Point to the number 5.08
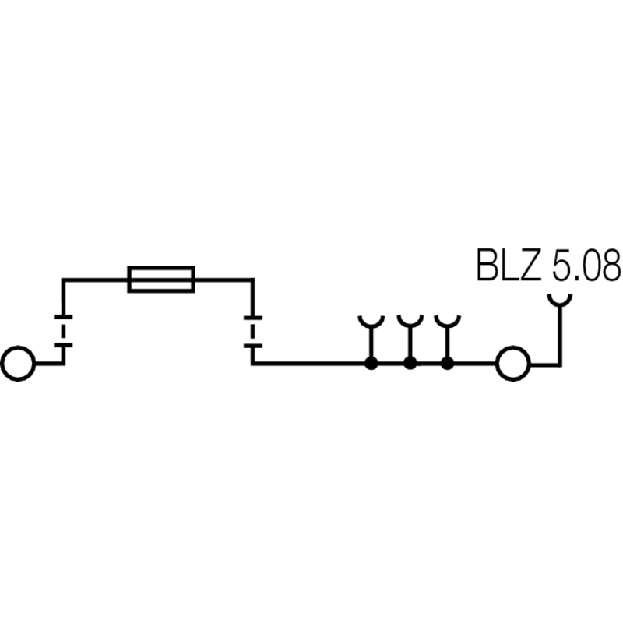point(586,266)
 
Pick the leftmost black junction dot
point(371,363)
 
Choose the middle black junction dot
point(410,363)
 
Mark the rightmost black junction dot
point(447,363)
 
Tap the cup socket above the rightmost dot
point(447,322)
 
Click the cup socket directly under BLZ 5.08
point(559,299)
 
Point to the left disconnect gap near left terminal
point(62,331)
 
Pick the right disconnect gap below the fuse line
point(252,331)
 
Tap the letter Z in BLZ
point(530,266)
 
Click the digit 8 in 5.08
point(610,266)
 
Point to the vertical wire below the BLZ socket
point(559,335)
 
